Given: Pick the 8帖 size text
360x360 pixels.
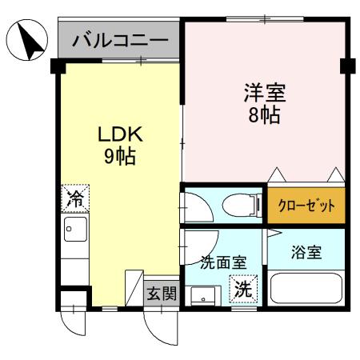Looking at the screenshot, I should click(265, 115).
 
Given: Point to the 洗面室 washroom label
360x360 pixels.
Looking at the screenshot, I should click(222, 261).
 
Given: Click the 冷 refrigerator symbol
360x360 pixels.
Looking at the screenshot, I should click(75, 198).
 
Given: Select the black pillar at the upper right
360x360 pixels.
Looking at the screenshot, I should click(346, 64).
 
